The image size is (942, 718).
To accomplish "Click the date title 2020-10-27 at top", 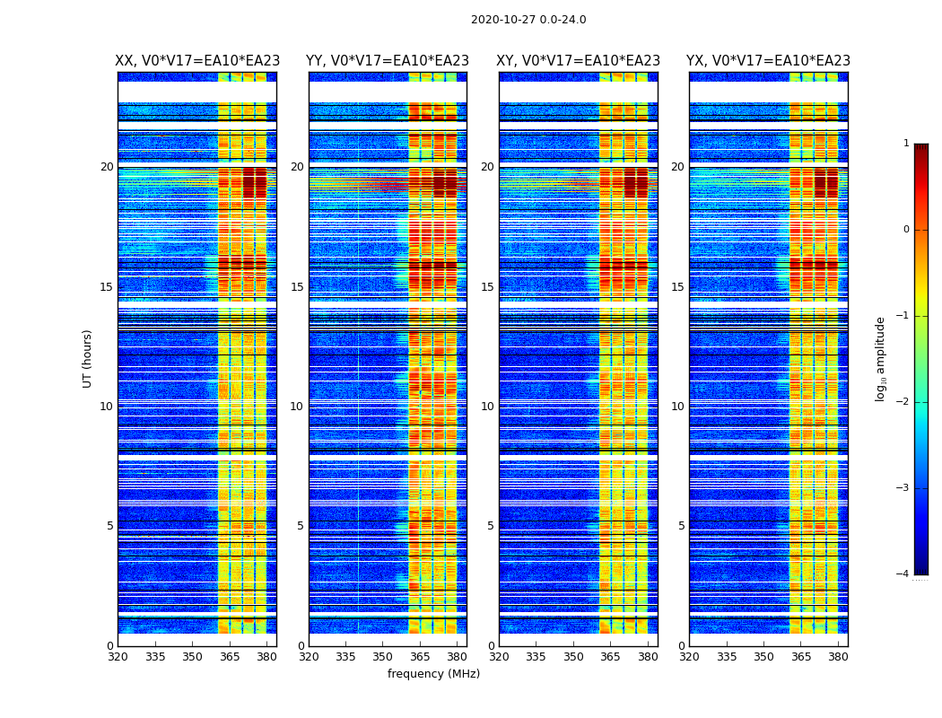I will click(x=528, y=20).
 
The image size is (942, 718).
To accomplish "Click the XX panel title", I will click(x=197, y=61).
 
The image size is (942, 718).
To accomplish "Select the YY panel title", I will click(x=388, y=61).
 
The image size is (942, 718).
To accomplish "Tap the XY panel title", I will click(x=579, y=61).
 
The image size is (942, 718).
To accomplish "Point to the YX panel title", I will click(x=768, y=61).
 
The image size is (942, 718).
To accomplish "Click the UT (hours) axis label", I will click(x=88, y=358).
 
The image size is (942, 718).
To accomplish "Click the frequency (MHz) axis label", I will click(x=433, y=674).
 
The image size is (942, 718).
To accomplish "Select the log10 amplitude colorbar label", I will click(x=881, y=359).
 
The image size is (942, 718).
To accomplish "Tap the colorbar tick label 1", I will click(x=906, y=144).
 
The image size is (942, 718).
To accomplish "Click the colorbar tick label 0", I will click(x=906, y=230).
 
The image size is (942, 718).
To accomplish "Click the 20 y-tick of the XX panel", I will click(x=107, y=167).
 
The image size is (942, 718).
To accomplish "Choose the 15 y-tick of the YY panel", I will click(x=297, y=287).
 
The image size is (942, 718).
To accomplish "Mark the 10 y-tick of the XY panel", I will click(x=487, y=407).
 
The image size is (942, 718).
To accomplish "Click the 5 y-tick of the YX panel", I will click(x=681, y=526).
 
